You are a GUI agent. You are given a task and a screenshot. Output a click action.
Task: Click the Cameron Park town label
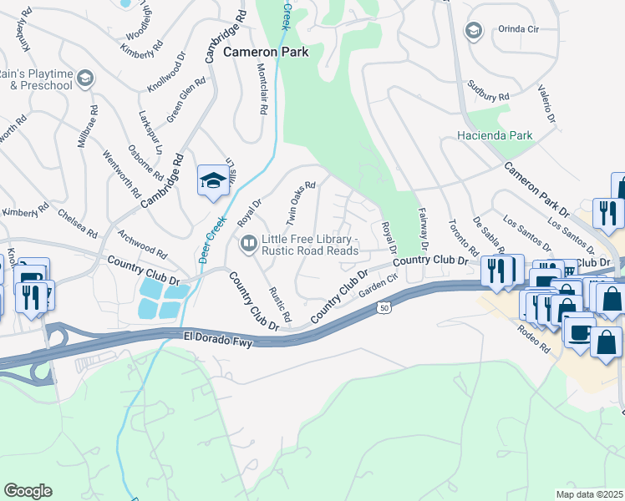266,52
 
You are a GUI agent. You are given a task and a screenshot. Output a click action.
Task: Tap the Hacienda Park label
495,135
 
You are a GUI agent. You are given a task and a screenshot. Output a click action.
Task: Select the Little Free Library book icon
248,244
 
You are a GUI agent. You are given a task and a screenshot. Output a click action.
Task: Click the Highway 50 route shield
383,308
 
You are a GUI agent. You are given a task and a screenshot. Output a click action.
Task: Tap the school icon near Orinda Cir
474,31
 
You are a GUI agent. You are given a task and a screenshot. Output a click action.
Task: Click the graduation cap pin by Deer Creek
212,180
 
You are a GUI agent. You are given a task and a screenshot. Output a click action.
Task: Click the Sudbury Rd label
489,90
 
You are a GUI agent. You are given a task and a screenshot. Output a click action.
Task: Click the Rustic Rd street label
280,305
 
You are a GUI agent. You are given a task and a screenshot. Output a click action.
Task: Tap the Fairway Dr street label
421,230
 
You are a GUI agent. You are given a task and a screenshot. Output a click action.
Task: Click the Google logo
28,491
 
